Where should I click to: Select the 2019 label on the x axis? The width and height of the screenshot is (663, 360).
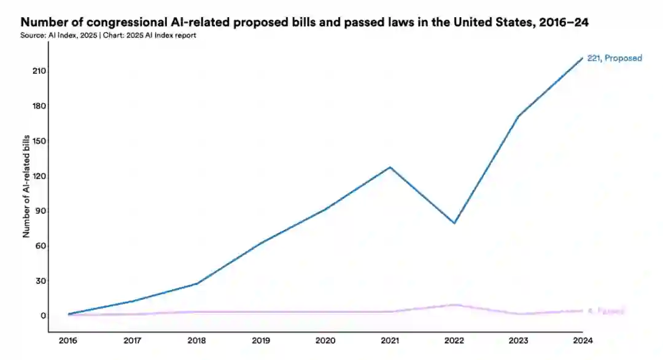coord(262,341)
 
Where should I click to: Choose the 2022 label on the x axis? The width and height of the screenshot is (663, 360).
coord(454,341)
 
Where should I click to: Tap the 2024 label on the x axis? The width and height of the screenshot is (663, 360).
coord(582,341)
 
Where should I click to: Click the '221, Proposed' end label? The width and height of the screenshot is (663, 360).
coord(615,58)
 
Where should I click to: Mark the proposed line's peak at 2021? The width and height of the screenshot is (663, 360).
coord(390,167)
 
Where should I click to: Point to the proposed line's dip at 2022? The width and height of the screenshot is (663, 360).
coord(454,223)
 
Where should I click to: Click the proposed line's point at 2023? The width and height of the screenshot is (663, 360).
coord(518,116)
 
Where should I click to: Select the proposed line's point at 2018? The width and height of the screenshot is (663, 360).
coord(197,283)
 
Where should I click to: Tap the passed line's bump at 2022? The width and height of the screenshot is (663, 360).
coord(454,305)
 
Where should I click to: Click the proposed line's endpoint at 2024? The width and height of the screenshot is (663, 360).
coord(582,58)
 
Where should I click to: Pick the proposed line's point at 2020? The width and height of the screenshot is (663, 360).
coord(325,209)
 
